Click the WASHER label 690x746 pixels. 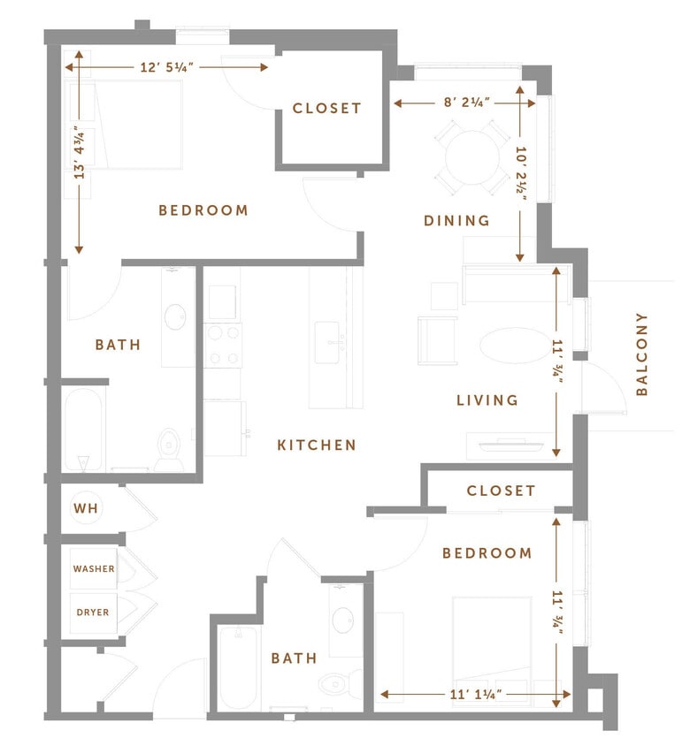tap(94, 569)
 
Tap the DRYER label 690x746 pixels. tap(93, 612)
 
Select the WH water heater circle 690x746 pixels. tap(87, 508)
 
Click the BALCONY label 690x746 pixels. tap(642, 354)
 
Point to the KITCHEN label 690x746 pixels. tap(317, 445)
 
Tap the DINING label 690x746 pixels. tap(456, 221)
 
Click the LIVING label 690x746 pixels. tap(487, 400)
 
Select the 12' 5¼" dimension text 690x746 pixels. tap(166, 67)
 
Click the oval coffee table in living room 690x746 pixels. tap(508, 345)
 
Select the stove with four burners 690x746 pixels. tap(222, 345)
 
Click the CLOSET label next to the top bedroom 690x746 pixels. tap(327, 109)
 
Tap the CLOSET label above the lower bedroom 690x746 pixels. tap(501, 491)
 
